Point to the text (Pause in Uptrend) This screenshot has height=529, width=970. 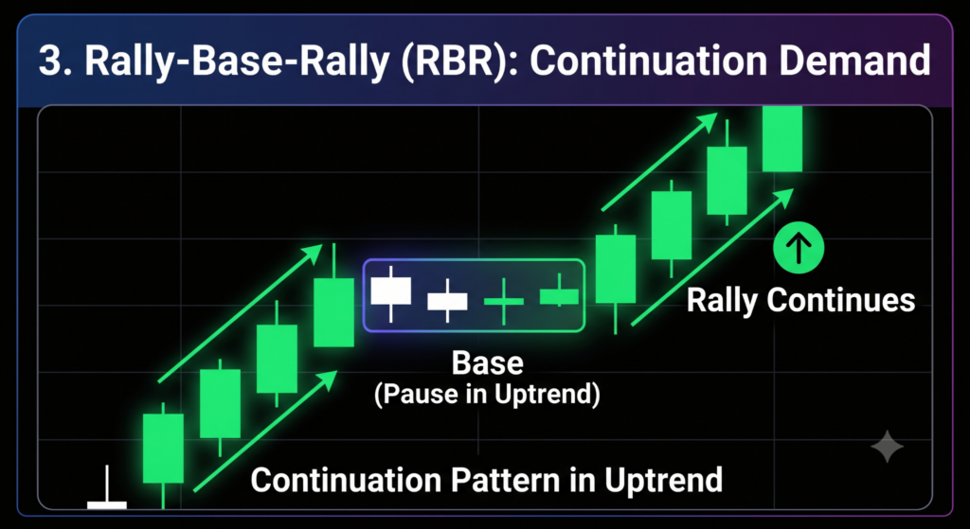point(487,396)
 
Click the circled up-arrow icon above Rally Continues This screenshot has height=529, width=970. point(799,249)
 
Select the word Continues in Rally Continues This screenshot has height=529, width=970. point(840,301)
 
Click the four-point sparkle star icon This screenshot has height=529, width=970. point(887,446)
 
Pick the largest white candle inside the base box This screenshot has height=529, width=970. point(390,291)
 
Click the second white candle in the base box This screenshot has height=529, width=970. point(447,301)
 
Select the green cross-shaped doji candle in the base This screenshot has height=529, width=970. point(504,302)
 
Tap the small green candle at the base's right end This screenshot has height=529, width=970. point(559,296)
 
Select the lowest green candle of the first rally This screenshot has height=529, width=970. point(163,449)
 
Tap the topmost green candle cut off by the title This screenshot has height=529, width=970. point(781,138)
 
